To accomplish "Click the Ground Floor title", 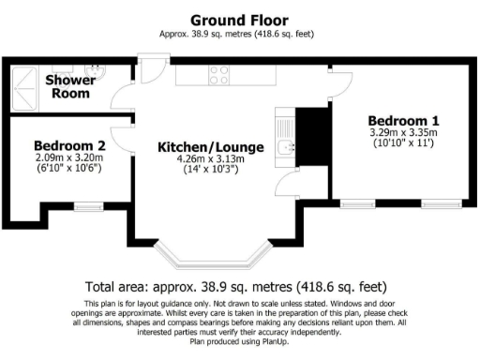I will [x=239, y=20].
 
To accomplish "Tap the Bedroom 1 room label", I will [x=403, y=121].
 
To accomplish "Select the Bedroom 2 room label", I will [x=68, y=146].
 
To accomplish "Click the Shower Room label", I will [x=69, y=86].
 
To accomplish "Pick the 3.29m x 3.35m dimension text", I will [x=403, y=133].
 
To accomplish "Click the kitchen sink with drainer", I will [x=286, y=136].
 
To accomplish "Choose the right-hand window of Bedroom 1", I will [x=440, y=202].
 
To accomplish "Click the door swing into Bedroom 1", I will [x=338, y=83].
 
